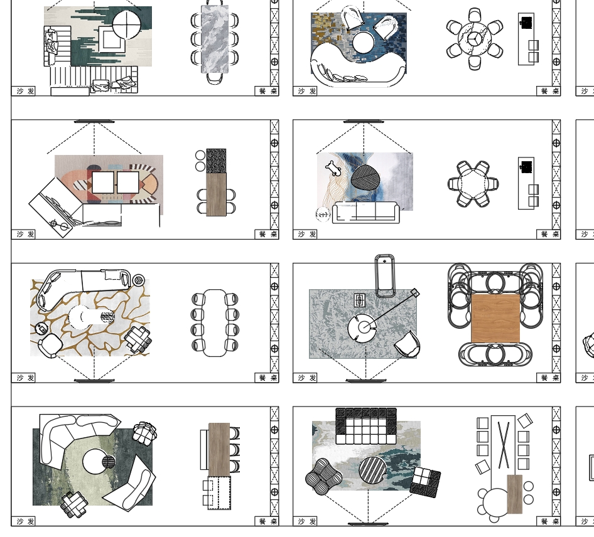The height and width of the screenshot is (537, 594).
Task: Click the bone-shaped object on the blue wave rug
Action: point(332,167)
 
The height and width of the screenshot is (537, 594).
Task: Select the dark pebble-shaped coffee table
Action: point(365,177)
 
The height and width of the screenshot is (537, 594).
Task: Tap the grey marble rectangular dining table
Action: point(215,39)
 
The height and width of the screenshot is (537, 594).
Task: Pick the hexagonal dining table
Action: point(474,184)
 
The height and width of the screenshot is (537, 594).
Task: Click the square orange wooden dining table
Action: point(495,318)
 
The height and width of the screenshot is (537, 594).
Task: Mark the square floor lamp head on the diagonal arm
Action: point(414,292)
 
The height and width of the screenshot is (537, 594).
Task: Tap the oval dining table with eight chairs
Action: point(215,322)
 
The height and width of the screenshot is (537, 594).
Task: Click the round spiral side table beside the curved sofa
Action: point(138,280)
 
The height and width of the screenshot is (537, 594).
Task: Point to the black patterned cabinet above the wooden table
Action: point(216,161)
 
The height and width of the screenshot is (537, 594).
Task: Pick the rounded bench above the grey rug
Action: point(384,274)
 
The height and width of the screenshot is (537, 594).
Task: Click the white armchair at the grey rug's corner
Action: point(408,344)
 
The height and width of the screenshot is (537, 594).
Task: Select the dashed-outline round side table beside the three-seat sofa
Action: point(322,215)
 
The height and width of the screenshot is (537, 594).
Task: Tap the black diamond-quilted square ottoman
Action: point(425,482)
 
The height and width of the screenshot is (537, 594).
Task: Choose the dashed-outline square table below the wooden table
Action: point(219,493)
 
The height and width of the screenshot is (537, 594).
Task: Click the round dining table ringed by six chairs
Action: point(474,39)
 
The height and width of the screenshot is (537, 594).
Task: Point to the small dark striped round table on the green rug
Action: point(109,462)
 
